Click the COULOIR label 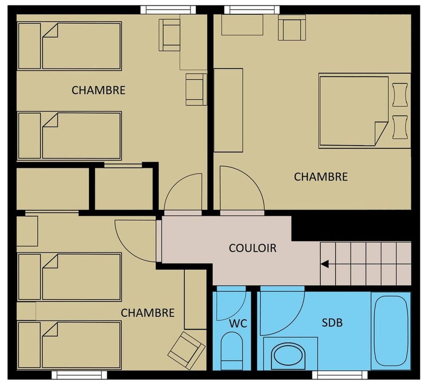(x=252, y=248)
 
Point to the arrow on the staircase (x=325, y=264)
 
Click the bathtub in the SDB (x=391, y=330)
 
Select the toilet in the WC (x=231, y=350)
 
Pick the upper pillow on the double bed (x=400, y=95)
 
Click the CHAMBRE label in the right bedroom (x=321, y=177)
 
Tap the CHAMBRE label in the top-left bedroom (x=98, y=90)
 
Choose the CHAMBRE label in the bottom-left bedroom (x=148, y=313)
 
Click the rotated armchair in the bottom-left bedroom (x=186, y=350)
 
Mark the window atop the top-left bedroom (x=168, y=10)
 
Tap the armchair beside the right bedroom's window (x=292, y=27)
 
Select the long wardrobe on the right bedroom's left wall (x=228, y=110)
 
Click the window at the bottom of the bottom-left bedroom (x=79, y=374)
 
